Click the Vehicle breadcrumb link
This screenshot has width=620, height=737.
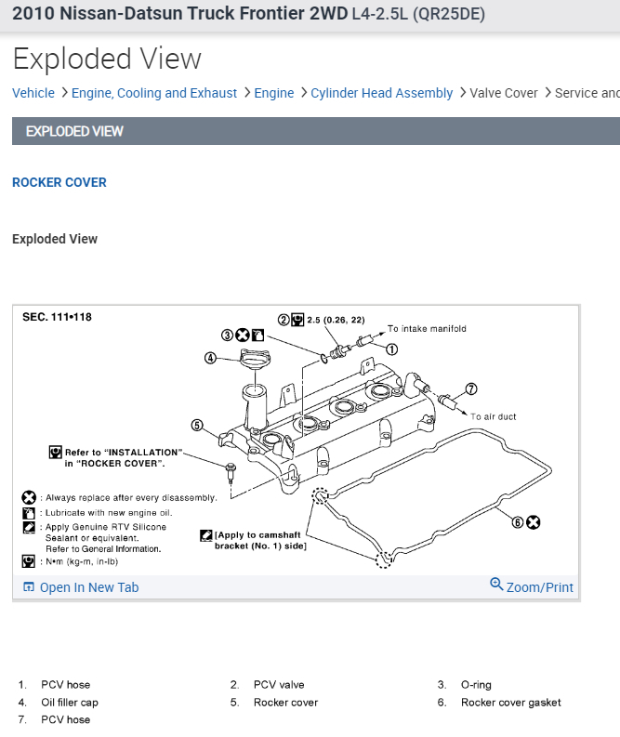tap(33, 93)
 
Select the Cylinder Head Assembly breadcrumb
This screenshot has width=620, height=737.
tap(381, 93)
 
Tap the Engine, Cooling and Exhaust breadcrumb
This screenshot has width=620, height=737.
tap(154, 93)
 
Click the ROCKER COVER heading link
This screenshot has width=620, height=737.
tap(59, 182)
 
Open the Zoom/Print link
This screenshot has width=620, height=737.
tap(532, 586)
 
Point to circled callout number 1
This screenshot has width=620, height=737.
tap(391, 350)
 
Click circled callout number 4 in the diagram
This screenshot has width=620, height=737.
tap(211, 358)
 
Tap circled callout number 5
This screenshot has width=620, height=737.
tap(197, 426)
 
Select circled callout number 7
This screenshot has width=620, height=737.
tap(471, 389)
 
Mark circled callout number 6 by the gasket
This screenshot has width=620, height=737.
tap(518, 522)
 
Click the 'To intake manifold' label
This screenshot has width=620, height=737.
tap(427, 329)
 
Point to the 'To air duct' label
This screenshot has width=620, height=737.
tap(494, 417)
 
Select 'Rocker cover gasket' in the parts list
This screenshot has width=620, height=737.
tap(510, 703)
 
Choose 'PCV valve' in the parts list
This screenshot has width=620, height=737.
tap(279, 685)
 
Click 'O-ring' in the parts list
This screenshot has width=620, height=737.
tap(476, 685)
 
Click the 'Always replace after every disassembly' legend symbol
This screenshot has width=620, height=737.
tap(29, 498)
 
